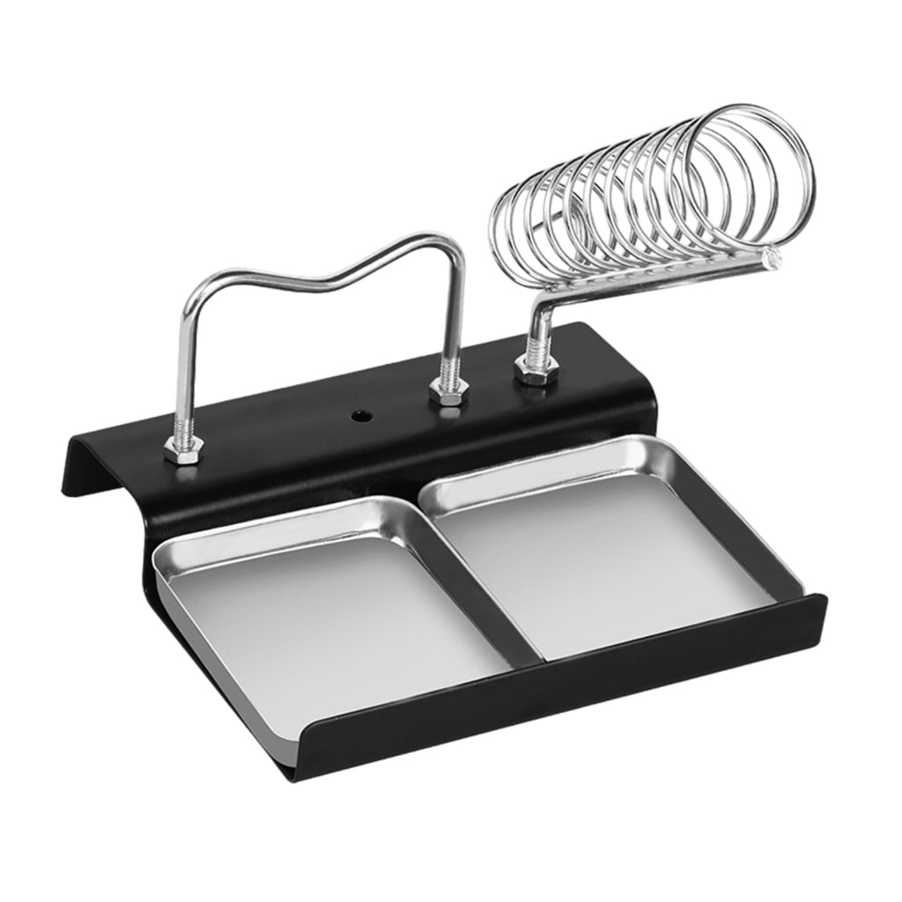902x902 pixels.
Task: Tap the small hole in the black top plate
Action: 359,413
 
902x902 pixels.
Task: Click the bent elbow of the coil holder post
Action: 539,309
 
